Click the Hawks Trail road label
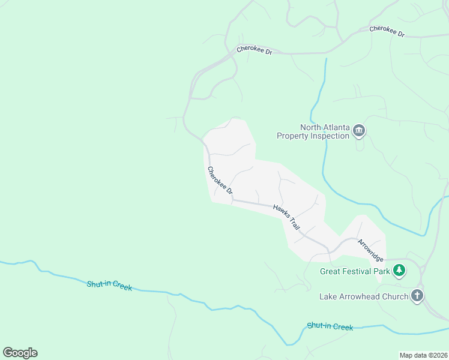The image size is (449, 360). (x=286, y=216)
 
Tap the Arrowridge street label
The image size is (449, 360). (x=370, y=250)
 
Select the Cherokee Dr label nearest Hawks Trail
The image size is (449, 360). (x=220, y=181)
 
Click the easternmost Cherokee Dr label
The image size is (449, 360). (x=387, y=31)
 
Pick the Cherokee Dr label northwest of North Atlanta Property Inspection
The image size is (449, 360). (x=255, y=51)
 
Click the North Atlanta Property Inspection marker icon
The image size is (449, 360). (x=359, y=131)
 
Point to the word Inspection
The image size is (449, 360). (x=329, y=136)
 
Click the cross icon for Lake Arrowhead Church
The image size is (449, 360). (x=417, y=296)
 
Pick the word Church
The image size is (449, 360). (x=394, y=296)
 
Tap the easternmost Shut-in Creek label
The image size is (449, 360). (x=330, y=326)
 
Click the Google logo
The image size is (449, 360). (x=20, y=353)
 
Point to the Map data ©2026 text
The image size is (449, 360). (x=423, y=355)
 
